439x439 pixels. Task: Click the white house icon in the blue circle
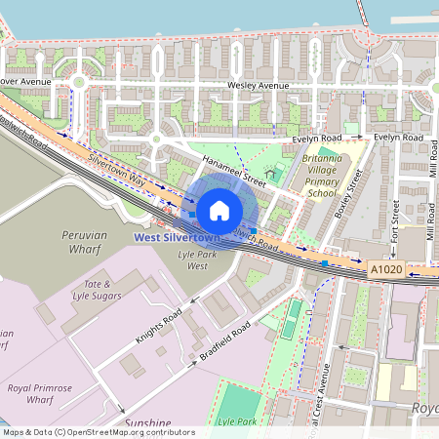tap(219, 210)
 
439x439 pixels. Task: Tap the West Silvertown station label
tap(177, 237)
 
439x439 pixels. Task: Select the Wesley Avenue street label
tap(259, 86)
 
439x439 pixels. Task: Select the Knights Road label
tap(158, 328)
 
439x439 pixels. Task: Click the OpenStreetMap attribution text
tap(98, 432)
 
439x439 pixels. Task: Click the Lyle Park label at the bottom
tap(237, 421)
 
